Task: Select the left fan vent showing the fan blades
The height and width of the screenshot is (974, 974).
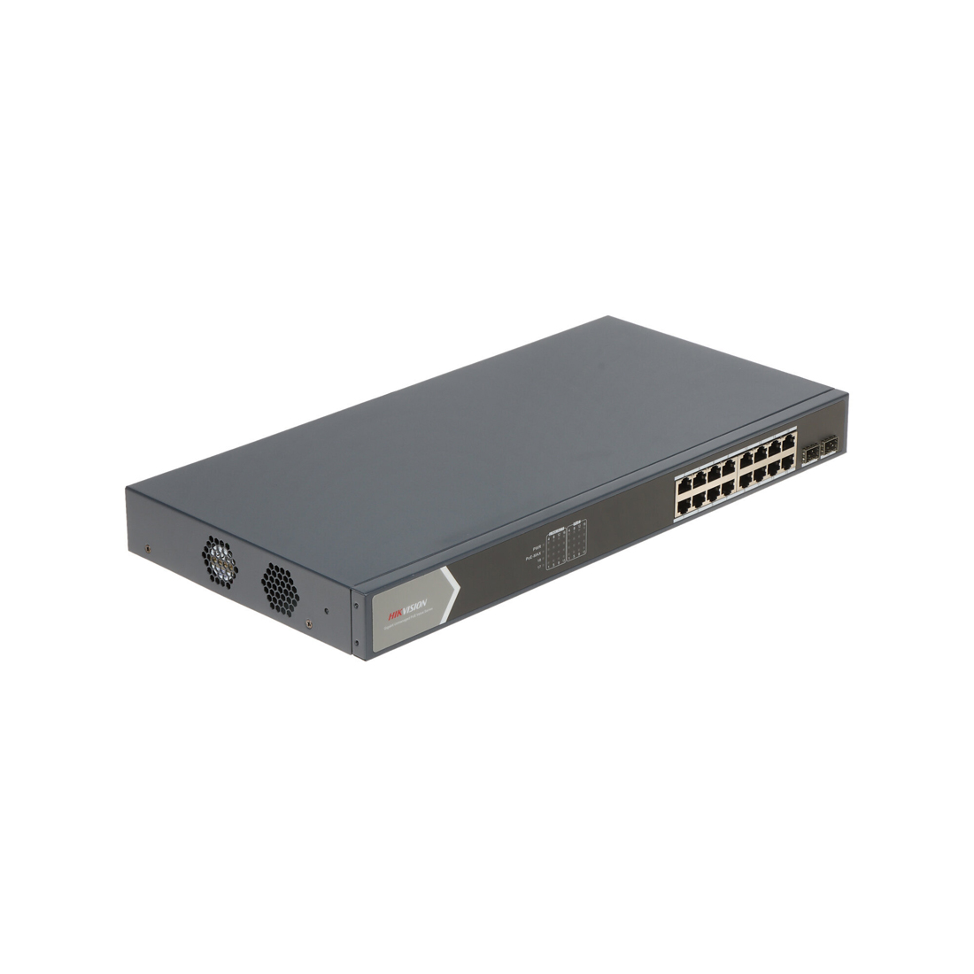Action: pyautogui.click(x=220, y=562)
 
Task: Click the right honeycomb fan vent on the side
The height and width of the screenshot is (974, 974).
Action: pyautogui.click(x=280, y=589)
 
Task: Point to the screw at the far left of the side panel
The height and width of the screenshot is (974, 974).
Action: pyautogui.click(x=147, y=547)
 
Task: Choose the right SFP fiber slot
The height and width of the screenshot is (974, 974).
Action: pyautogui.click(x=831, y=448)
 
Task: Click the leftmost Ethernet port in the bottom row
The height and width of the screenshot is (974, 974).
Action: pyautogui.click(x=684, y=506)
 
